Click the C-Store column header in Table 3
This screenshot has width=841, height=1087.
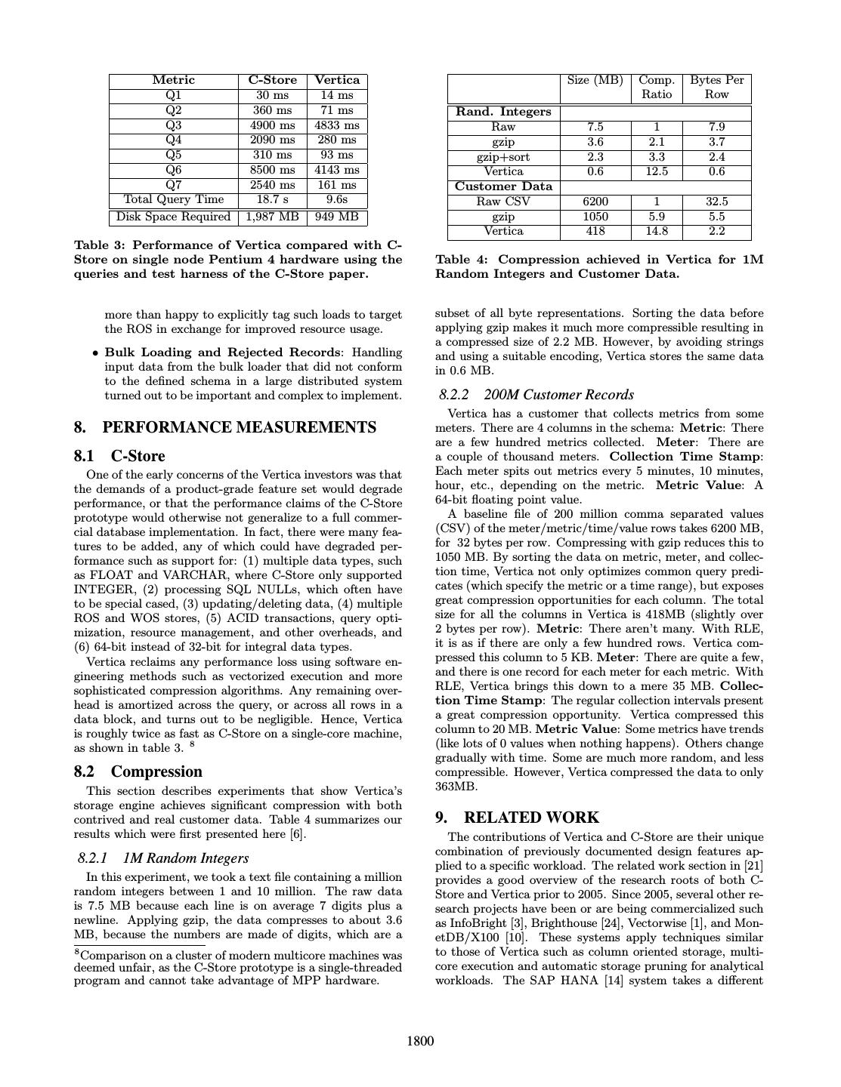(x=273, y=80)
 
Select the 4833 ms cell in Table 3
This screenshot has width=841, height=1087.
(x=337, y=125)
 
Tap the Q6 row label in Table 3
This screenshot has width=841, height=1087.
(x=173, y=170)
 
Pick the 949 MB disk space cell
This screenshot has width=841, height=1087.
(x=337, y=217)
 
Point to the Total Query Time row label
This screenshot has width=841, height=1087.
(x=173, y=200)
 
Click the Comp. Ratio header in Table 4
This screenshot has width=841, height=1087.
(x=657, y=87)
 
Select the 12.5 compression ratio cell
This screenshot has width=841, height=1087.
(x=657, y=171)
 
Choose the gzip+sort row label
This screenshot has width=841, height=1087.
(x=503, y=157)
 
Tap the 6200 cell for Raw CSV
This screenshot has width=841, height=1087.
(x=595, y=202)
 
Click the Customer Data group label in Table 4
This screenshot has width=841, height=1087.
(x=503, y=186)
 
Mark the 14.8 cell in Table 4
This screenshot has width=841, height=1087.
(x=657, y=231)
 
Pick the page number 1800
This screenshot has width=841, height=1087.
(x=420, y=1042)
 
